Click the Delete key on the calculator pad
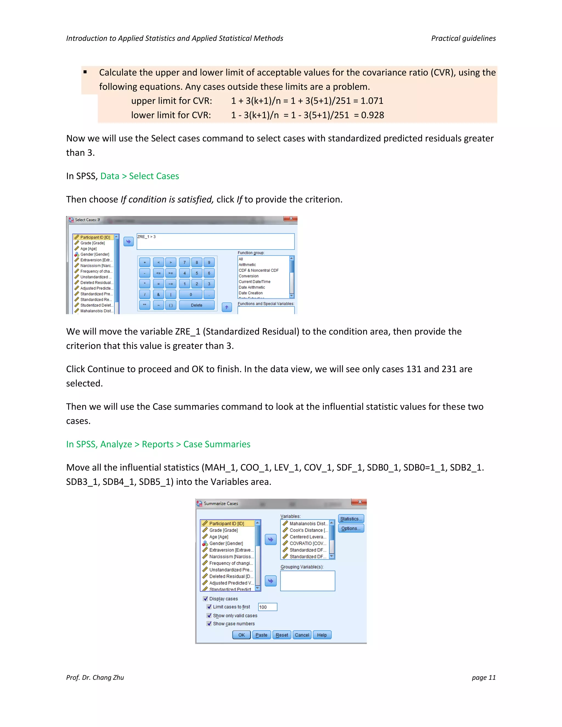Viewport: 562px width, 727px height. [x=196, y=305]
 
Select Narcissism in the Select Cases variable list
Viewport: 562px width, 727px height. [x=96, y=266]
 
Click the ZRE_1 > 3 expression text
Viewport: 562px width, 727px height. [x=147, y=237]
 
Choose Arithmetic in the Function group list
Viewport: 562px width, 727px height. [x=247, y=265]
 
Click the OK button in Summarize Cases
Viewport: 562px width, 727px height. [x=241, y=635]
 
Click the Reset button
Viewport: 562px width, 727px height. [x=282, y=635]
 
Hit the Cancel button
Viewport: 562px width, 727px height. [x=302, y=635]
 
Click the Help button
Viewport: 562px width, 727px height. [x=322, y=635]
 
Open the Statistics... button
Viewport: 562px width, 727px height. [x=351, y=519]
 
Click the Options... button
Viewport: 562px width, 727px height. [x=351, y=528]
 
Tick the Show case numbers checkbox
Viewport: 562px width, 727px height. [x=209, y=624]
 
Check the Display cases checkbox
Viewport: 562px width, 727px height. [x=206, y=599]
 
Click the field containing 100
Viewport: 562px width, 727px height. [x=267, y=607]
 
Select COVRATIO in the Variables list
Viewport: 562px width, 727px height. [x=307, y=543]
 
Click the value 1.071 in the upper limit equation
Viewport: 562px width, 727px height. [x=372, y=101]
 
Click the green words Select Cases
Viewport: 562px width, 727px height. [x=154, y=176]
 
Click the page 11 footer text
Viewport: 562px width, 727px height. [x=484, y=677]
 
